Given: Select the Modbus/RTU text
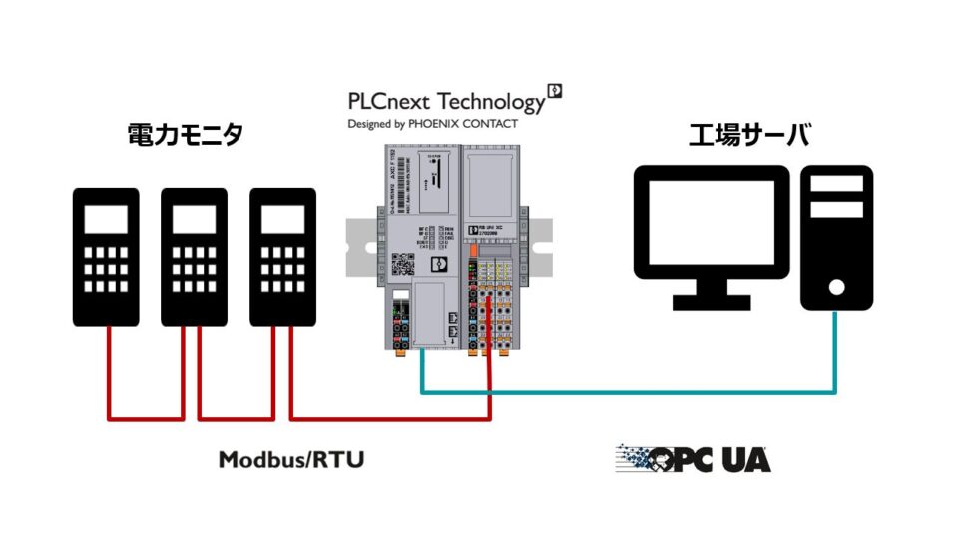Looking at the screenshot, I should coord(291,460).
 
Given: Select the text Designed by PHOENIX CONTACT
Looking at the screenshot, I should coord(432,124).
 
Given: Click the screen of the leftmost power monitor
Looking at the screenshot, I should coord(106,219).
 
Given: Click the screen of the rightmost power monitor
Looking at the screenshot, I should coord(281,219).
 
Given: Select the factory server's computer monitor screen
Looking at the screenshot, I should coord(713,222).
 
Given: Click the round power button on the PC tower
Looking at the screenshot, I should coord(836,287).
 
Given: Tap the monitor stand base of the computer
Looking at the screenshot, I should coord(713,301).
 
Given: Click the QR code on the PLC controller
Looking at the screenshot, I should coord(404,266).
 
